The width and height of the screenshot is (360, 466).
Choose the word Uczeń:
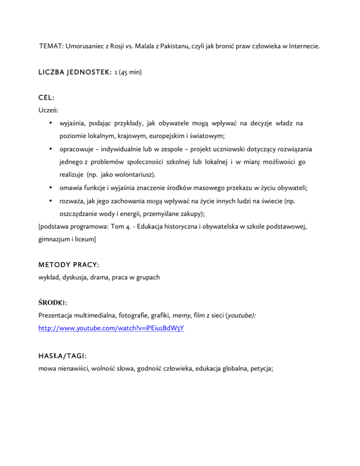tap(48, 113)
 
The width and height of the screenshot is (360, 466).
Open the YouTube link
tap(111, 329)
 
